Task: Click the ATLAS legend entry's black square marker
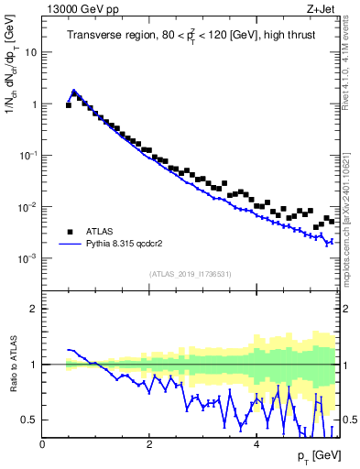click(69, 232)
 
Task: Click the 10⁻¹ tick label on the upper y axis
click(28, 156)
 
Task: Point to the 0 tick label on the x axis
click(42, 443)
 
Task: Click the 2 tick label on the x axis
click(149, 443)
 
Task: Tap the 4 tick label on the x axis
click(256, 443)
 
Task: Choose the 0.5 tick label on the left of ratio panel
click(29, 420)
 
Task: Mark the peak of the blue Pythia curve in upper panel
click(74, 91)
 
